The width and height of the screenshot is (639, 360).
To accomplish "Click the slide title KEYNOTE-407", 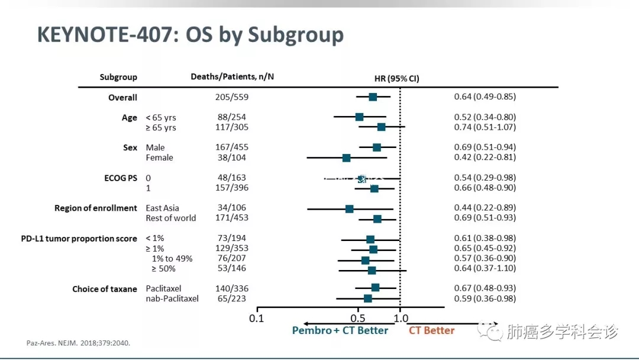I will (x=189, y=34).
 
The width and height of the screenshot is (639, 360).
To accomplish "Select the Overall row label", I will (x=122, y=98).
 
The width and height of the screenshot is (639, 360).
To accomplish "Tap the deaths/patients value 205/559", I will (x=231, y=97).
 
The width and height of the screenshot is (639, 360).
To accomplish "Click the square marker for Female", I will (x=346, y=158).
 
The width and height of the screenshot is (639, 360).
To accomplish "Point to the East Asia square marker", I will (x=349, y=208).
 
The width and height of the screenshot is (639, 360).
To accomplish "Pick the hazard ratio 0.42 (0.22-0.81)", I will (x=485, y=157).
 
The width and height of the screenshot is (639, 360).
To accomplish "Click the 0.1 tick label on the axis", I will (x=256, y=318).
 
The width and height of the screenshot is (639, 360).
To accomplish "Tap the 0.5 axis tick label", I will (x=357, y=318).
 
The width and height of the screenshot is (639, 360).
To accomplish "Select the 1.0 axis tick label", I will (x=401, y=318).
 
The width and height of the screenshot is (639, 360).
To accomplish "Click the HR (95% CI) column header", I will (x=396, y=78).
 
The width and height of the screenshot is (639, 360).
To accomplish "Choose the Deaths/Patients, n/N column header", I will (x=232, y=77).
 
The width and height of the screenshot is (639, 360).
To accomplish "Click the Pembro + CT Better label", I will (x=340, y=330).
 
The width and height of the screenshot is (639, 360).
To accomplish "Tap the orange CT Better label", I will (x=432, y=330).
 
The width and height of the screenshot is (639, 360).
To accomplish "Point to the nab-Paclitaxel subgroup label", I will (x=172, y=299).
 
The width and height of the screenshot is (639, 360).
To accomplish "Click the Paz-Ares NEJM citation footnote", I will (x=78, y=343).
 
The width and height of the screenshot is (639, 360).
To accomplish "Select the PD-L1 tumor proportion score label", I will (x=79, y=239).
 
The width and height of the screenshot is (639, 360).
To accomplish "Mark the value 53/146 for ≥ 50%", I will (x=231, y=269).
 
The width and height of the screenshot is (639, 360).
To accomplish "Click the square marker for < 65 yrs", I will (x=359, y=117).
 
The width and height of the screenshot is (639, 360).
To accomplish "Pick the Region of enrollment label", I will (x=96, y=208).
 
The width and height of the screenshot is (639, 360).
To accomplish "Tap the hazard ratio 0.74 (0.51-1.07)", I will (x=485, y=127).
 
